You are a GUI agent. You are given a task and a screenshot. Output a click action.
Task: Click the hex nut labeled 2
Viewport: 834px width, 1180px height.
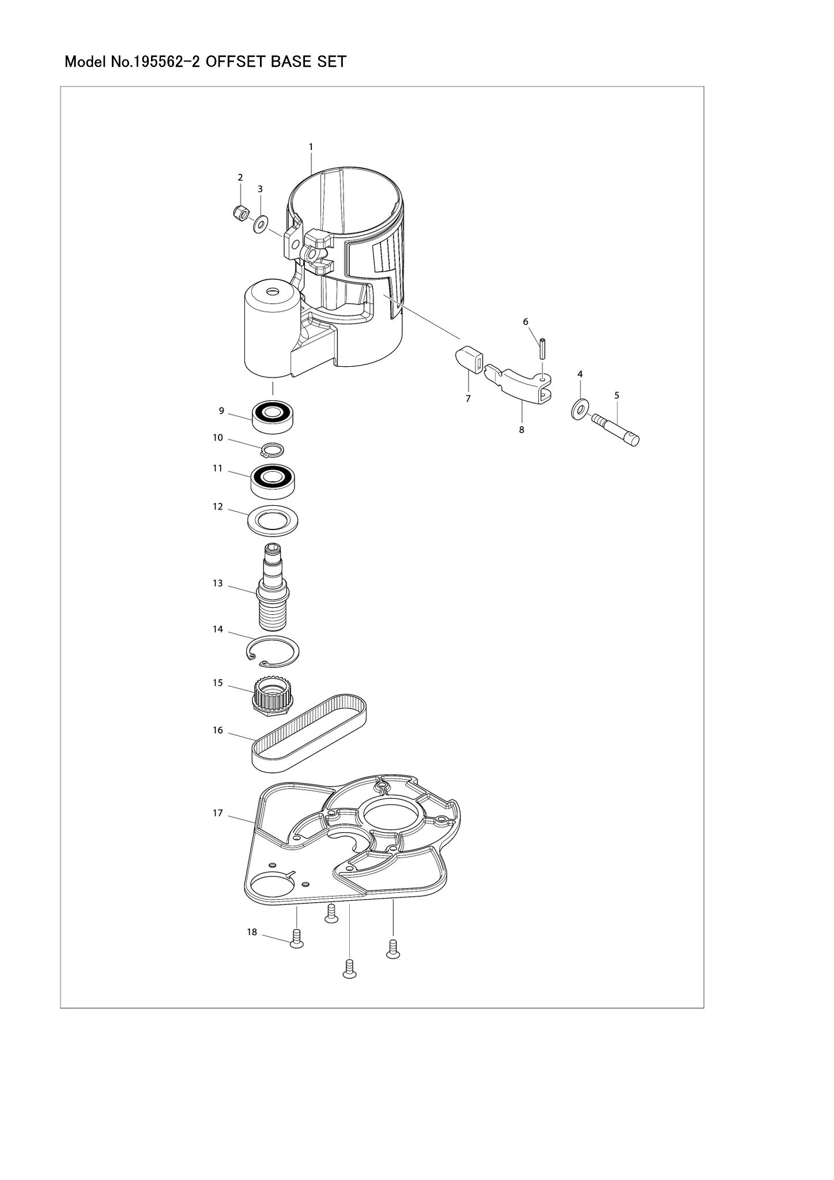coord(239,213)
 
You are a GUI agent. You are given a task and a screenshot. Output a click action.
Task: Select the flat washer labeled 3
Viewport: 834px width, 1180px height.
coord(261,222)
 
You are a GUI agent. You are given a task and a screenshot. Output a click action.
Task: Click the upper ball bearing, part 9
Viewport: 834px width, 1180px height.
coord(273,415)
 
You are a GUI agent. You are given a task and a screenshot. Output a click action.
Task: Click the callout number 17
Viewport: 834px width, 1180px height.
coord(218,813)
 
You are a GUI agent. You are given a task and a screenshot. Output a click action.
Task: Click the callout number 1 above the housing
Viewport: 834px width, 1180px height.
coord(311,146)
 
